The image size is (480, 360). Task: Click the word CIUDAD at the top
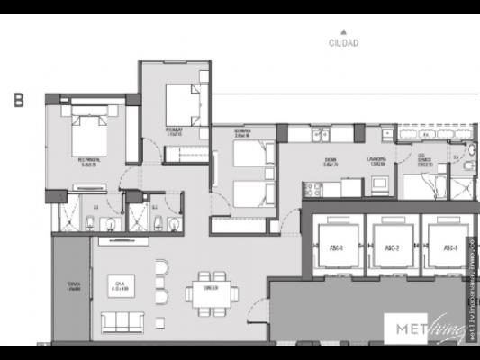(x=343, y=42)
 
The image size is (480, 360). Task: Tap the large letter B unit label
(x=18, y=101)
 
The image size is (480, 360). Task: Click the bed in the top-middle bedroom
(x=183, y=104)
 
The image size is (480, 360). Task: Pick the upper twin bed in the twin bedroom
(x=254, y=155)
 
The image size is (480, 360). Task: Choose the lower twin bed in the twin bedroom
(x=254, y=193)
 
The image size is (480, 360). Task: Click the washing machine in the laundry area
(x=377, y=184)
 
